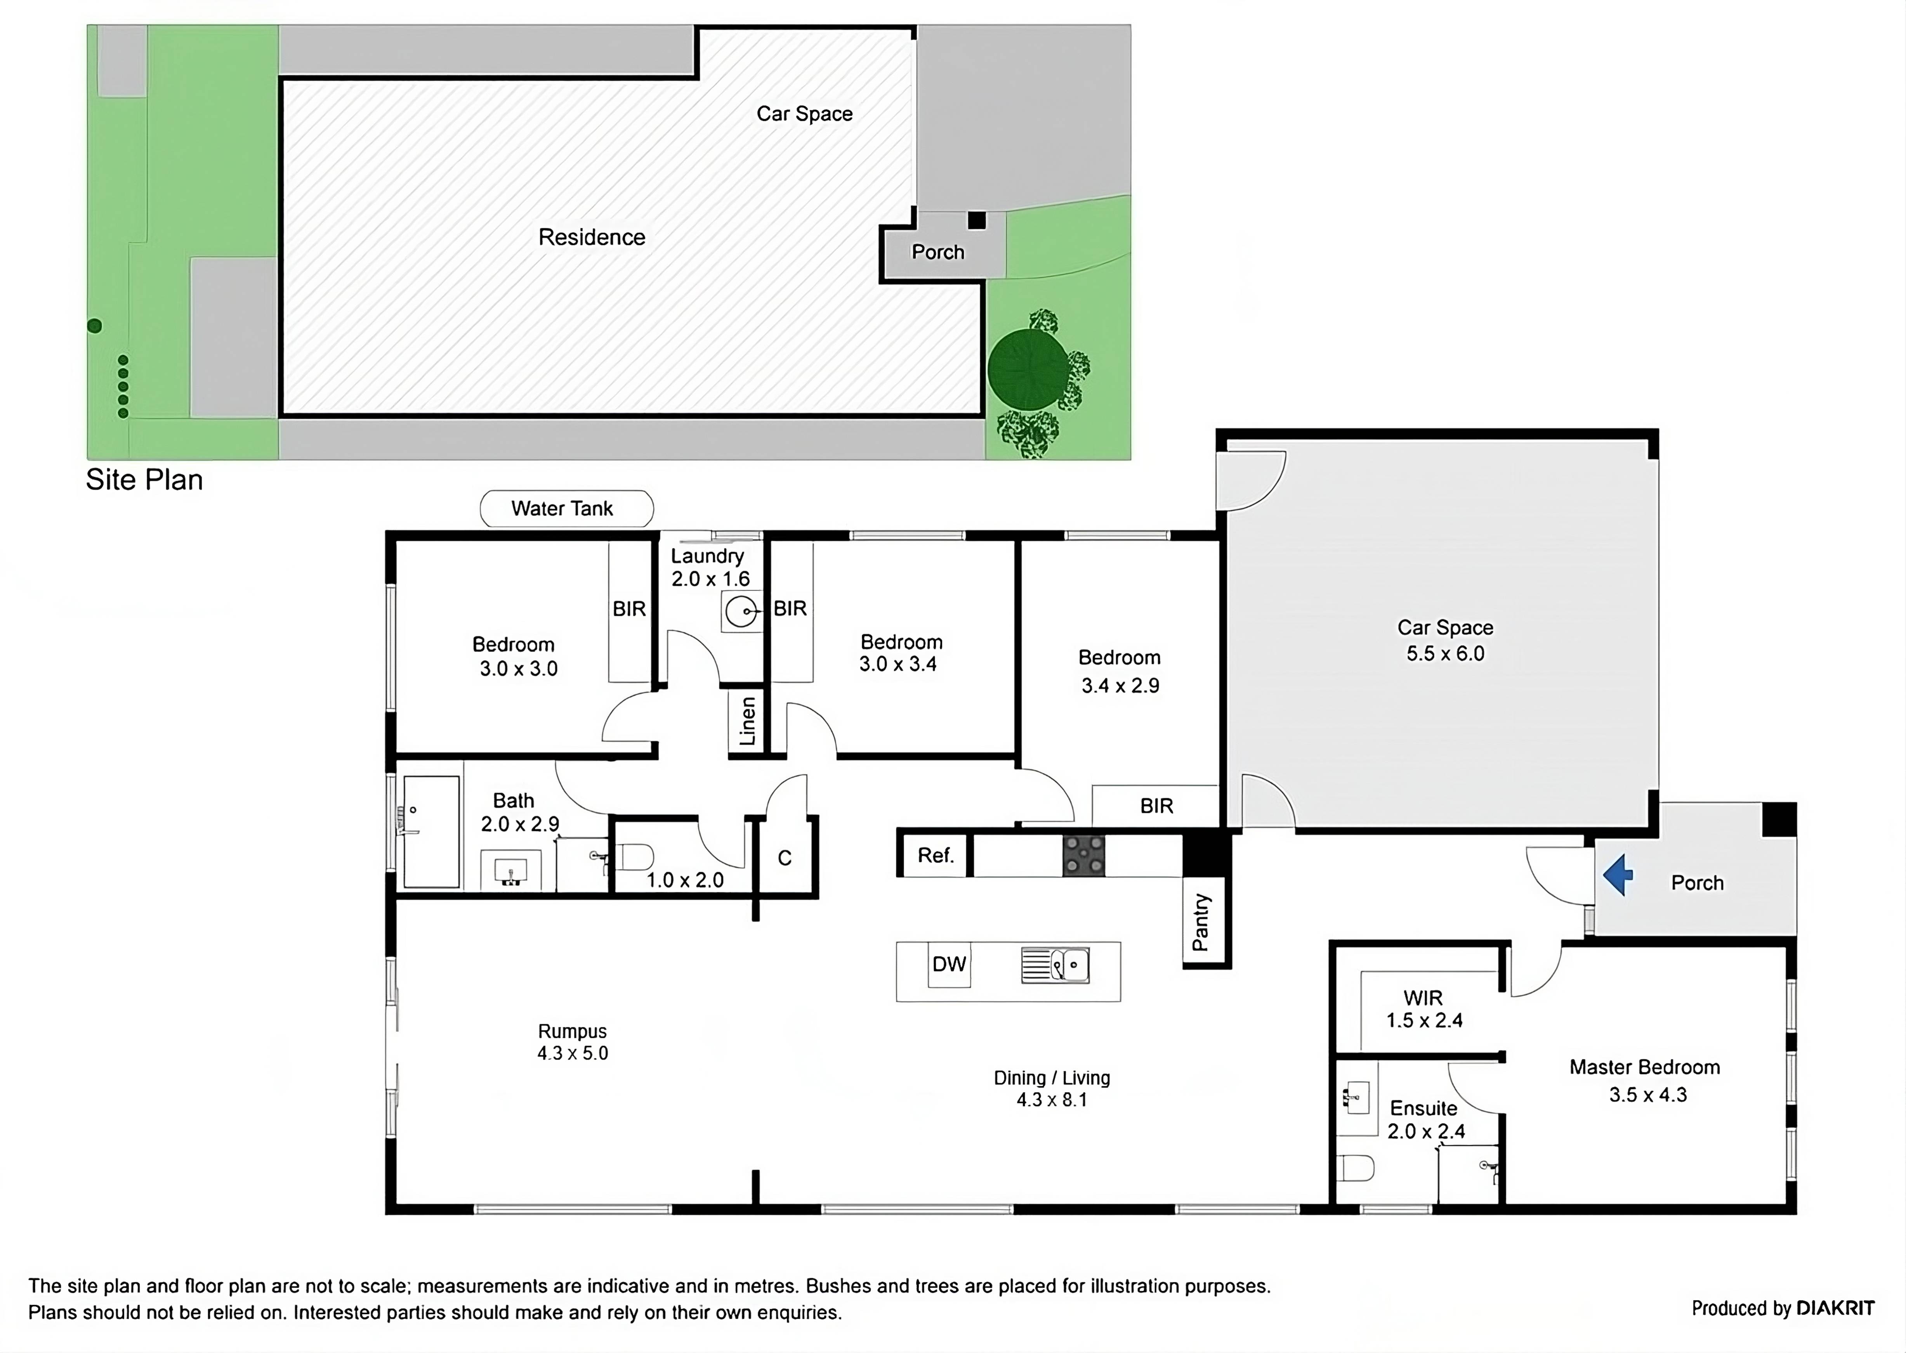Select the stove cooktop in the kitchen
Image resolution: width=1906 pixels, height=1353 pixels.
[x=1083, y=856]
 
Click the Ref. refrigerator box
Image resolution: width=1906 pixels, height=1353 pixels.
[x=935, y=856]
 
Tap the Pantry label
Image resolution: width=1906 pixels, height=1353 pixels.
[x=1201, y=922]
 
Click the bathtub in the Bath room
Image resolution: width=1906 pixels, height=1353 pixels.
[x=431, y=832]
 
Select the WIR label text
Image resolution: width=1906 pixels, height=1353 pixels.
[x=1423, y=997]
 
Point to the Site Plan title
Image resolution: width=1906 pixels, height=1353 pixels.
[x=144, y=480]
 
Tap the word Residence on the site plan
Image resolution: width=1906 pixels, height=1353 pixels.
[x=592, y=237]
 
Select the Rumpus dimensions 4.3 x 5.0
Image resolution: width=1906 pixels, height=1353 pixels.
[x=573, y=1053]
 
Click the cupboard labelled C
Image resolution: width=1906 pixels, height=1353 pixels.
[x=784, y=858]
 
